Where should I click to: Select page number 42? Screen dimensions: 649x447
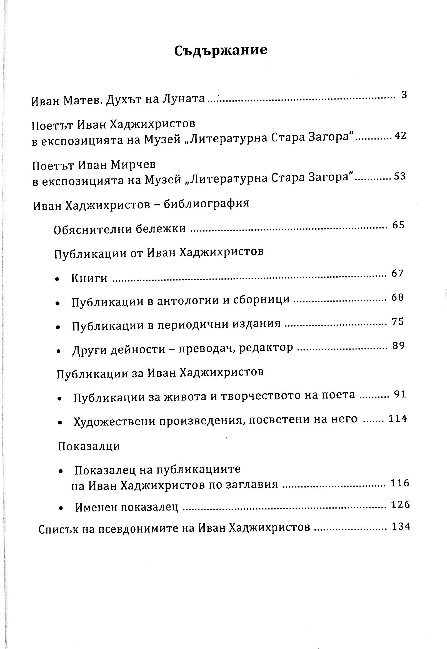click(400, 136)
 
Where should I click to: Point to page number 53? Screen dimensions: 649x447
click(400, 176)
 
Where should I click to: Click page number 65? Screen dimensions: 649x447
click(399, 225)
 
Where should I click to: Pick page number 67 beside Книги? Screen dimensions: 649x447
click(398, 273)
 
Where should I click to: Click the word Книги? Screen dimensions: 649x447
click(89, 278)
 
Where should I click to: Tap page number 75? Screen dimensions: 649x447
click(398, 322)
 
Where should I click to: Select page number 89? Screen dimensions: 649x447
click(399, 346)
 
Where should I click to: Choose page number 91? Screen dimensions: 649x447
click(400, 395)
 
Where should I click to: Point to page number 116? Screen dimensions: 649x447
click(400, 483)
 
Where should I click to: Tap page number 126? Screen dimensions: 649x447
click(401, 505)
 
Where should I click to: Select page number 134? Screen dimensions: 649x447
click(401, 526)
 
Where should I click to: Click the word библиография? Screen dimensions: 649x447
click(206, 203)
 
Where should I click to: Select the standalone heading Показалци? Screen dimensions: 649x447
click(89, 446)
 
